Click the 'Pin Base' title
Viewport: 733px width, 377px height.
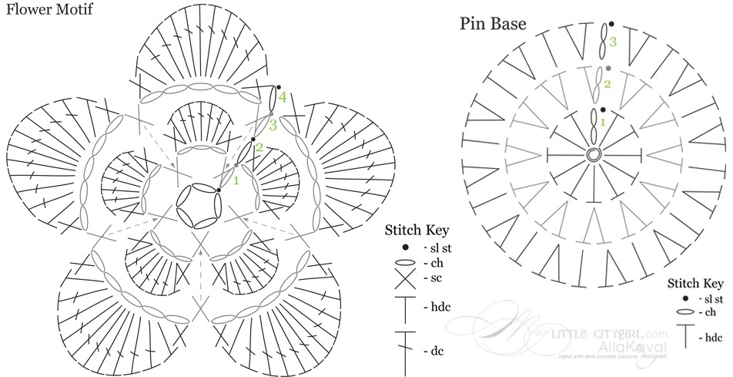tap(493, 23)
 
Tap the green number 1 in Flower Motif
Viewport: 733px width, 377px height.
tap(237, 180)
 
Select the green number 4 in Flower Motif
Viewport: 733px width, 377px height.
tap(283, 97)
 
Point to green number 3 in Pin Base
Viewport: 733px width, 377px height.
tap(613, 42)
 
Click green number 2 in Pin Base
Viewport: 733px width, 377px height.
tap(607, 83)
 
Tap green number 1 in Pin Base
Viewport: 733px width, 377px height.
tap(603, 121)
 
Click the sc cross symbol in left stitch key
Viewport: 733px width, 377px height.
tap(405, 278)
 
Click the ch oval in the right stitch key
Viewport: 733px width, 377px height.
tap(684, 312)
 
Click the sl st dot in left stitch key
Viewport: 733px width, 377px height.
tap(405, 247)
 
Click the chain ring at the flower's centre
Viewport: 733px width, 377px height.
tap(197, 204)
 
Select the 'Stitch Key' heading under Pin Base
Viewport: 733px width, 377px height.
tap(696, 282)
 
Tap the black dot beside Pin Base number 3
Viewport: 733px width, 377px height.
tap(611, 24)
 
